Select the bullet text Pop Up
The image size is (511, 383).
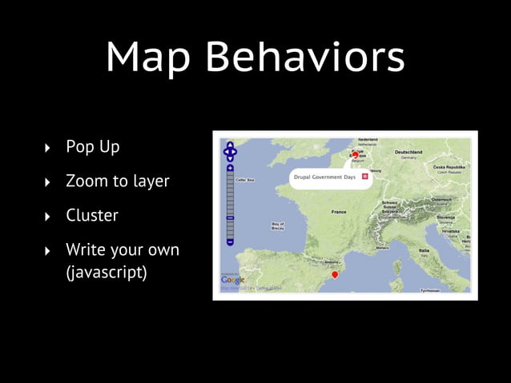[x=93, y=147]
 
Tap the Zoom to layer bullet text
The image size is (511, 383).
[x=118, y=182]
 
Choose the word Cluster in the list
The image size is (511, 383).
[x=92, y=216]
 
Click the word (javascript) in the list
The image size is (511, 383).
[x=107, y=272]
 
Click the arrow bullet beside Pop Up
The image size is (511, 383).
[x=47, y=148]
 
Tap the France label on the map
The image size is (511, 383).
[x=340, y=212]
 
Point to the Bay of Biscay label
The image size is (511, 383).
[x=278, y=226]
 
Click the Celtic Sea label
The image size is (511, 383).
[x=243, y=181]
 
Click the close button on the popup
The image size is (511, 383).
[x=365, y=175]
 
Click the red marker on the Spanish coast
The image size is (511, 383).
[x=335, y=274]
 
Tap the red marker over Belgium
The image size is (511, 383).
[x=356, y=154]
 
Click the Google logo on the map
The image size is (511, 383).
[x=233, y=279]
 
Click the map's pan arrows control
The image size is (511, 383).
[x=230, y=150]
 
